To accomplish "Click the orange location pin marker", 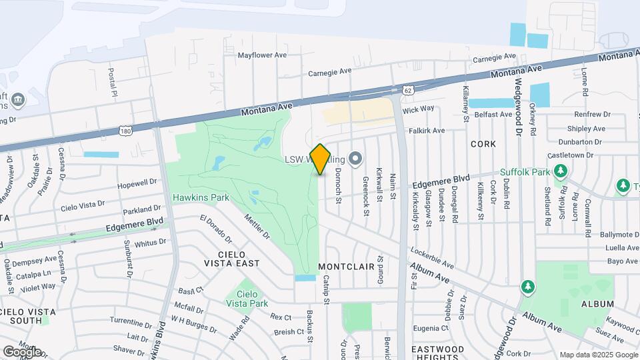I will (x=321, y=159).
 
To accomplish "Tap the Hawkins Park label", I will (x=201, y=197).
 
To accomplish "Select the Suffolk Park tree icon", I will (x=561, y=171).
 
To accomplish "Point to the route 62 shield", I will (x=407, y=89).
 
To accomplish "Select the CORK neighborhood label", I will (x=483, y=143).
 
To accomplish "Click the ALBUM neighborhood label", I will (x=597, y=304).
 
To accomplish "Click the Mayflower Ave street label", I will (x=262, y=55).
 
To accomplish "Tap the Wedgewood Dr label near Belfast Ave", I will (x=517, y=106).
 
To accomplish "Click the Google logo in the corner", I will (x=22, y=351).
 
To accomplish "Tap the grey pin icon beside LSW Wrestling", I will (x=355, y=159).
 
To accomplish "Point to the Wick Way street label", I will (x=418, y=109).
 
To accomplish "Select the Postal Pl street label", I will (x=113, y=81).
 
